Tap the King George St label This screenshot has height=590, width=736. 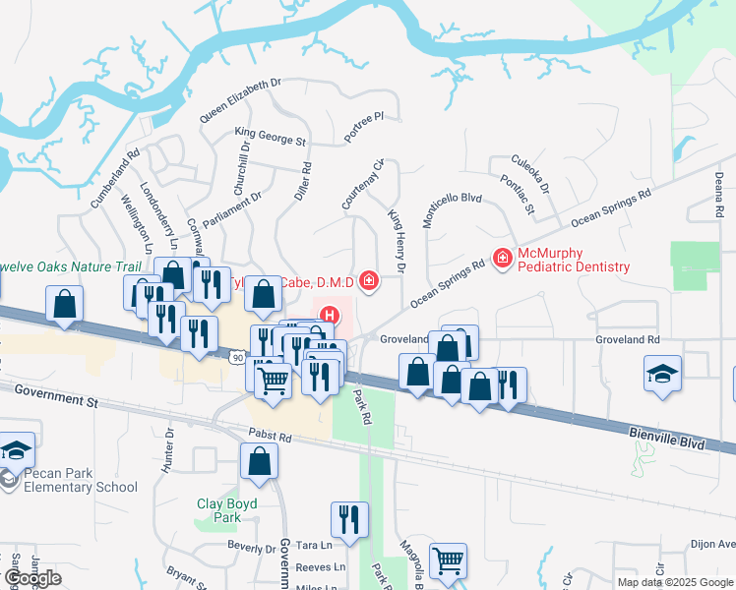pyautogui.click(x=270, y=136)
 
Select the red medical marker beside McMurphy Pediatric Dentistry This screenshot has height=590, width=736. pyautogui.click(x=502, y=258)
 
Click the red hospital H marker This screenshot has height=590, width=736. pyautogui.click(x=330, y=317)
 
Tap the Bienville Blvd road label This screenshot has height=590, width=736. pyautogui.click(x=666, y=438)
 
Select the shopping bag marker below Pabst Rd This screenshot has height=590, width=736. pyautogui.click(x=259, y=462)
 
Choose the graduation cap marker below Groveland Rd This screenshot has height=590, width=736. pyautogui.click(x=663, y=375)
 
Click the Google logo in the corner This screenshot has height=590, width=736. pyautogui.click(x=32, y=578)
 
